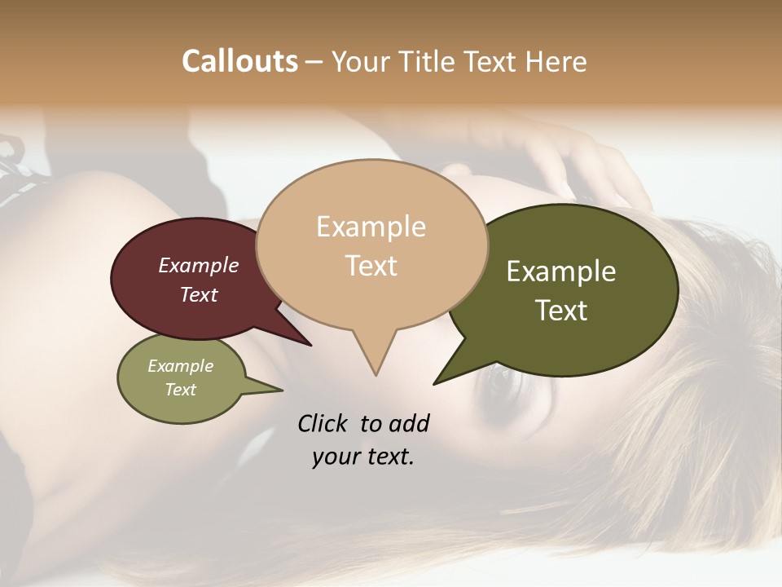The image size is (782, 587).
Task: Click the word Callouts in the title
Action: click(239, 61)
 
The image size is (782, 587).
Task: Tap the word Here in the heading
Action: click(557, 61)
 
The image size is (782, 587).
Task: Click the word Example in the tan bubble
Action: click(371, 227)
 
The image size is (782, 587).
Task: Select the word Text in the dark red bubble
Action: click(199, 294)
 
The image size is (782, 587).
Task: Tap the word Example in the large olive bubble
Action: click(561, 271)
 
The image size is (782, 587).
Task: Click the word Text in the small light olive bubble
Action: click(181, 390)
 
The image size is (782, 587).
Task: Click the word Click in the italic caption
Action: click(323, 423)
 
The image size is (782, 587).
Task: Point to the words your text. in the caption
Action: click(363, 457)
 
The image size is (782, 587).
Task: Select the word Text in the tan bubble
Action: click(371, 266)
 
